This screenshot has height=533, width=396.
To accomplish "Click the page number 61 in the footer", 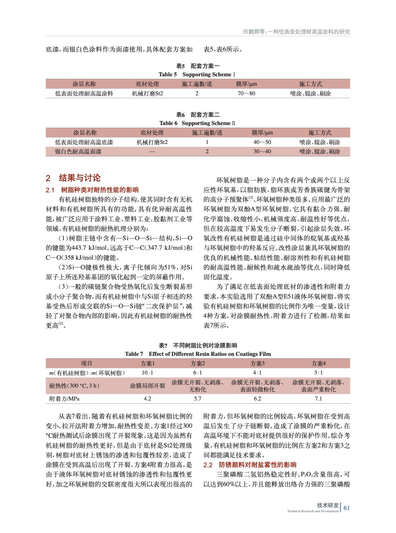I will [x=347, y=508].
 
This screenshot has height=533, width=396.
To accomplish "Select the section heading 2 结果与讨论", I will [x=73, y=178].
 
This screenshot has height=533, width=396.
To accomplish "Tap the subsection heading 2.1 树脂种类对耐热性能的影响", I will [x=92, y=190].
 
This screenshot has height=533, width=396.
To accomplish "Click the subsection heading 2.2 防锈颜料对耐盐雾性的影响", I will [x=250, y=465].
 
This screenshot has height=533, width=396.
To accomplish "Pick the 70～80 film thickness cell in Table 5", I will [x=246, y=94].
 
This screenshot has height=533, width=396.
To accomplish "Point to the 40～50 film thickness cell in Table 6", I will [x=262, y=142].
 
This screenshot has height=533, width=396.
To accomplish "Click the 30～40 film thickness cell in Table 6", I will [x=262, y=152].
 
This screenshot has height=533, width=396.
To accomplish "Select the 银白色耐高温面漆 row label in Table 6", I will [x=78, y=152].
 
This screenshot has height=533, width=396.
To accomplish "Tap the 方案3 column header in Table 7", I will [x=257, y=363].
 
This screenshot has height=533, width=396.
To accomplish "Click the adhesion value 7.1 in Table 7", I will [x=318, y=399].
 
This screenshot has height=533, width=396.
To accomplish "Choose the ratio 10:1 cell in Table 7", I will [x=147, y=373].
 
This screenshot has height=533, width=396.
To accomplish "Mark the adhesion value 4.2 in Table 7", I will [x=147, y=399].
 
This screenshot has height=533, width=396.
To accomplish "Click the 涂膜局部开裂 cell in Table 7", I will [x=147, y=386].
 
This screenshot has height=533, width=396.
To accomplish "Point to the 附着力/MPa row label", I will [x=64, y=399].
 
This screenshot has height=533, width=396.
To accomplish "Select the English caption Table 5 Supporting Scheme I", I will [x=197, y=74].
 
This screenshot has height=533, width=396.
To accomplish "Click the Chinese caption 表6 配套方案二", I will [x=198, y=115].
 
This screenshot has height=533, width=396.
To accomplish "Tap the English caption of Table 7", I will [x=198, y=354].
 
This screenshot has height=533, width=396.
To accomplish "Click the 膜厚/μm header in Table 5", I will [x=246, y=84].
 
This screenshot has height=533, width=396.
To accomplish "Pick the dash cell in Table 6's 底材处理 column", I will [x=152, y=152].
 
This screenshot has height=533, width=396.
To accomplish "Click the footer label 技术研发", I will [x=328, y=505].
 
